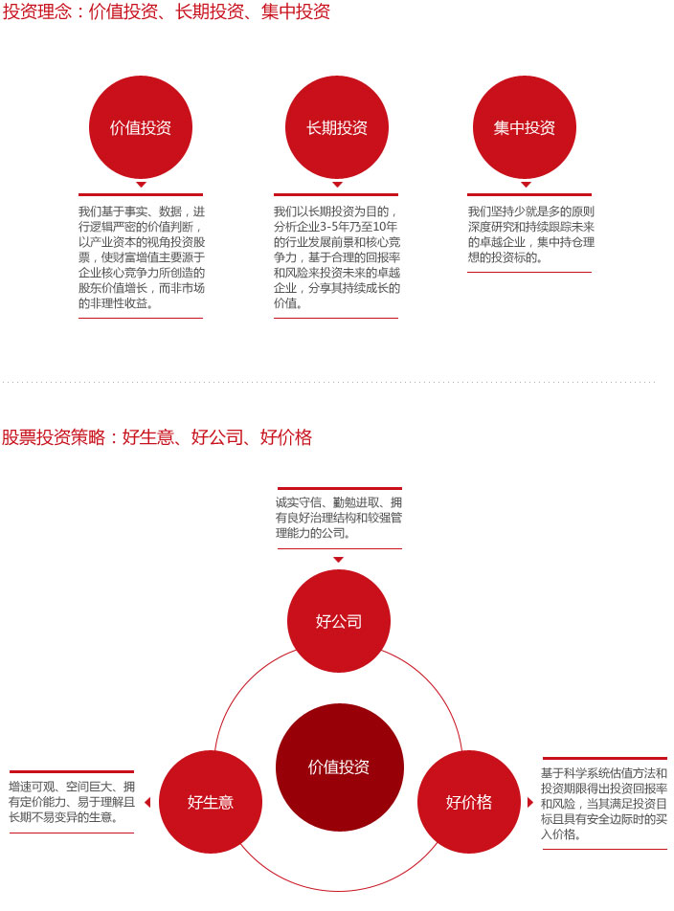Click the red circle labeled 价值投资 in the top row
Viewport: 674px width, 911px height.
(x=141, y=127)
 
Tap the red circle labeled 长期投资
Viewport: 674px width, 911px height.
(x=337, y=127)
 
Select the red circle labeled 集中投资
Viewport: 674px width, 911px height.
(x=525, y=127)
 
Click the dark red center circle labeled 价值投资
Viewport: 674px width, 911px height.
(x=339, y=767)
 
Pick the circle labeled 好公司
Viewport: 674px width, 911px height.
(x=339, y=621)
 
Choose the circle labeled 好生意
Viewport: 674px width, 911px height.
(x=211, y=802)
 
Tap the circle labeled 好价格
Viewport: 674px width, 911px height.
(x=469, y=802)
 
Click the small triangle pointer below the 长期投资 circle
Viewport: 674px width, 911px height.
(x=337, y=185)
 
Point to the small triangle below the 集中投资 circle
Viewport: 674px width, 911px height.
(x=526, y=185)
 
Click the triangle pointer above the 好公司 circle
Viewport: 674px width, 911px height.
(x=339, y=560)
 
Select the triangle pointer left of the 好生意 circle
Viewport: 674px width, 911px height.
(x=147, y=802)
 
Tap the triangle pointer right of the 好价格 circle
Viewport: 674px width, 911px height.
(x=529, y=802)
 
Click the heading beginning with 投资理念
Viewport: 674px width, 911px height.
(x=167, y=11)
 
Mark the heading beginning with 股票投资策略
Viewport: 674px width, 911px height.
(x=157, y=437)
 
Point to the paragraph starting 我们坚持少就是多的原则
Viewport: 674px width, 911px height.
(x=531, y=234)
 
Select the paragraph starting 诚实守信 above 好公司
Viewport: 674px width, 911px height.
(x=339, y=518)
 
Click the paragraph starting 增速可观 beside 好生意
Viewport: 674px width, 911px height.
(x=72, y=802)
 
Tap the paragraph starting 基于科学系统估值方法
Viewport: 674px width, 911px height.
(x=604, y=804)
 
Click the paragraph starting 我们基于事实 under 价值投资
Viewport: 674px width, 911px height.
(x=142, y=256)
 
